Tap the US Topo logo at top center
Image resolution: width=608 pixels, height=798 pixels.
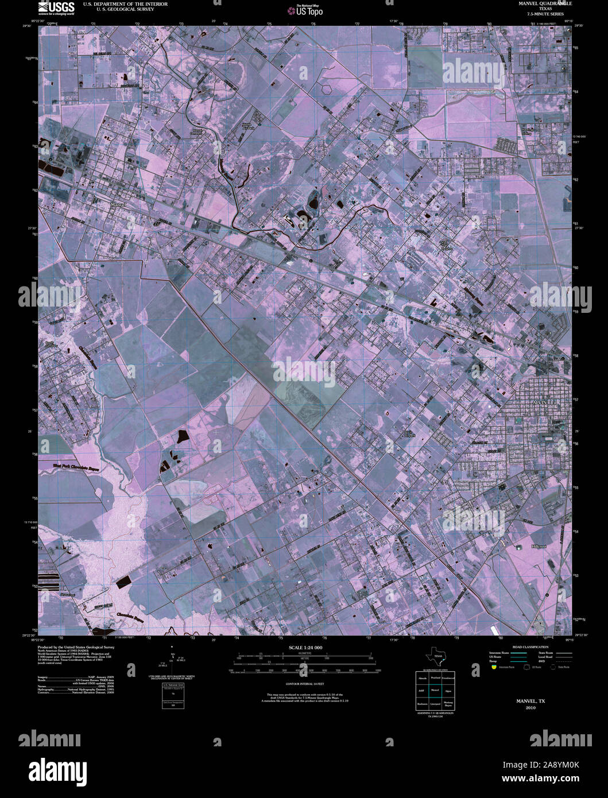(x=309, y=10)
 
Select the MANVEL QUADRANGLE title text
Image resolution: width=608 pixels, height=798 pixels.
(x=541, y=3)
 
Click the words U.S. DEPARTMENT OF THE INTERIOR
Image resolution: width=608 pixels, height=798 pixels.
(x=117, y=4)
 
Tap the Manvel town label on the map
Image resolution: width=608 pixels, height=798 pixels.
(x=119, y=204)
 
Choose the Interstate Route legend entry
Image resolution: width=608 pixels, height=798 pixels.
(x=499, y=653)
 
